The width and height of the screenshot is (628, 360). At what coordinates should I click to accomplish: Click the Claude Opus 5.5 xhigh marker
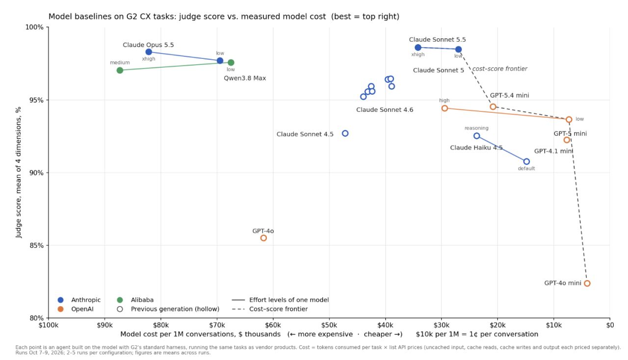pyautogui.click(x=149, y=52)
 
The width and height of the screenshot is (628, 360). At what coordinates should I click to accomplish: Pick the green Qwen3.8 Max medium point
pyautogui.click(x=120, y=70)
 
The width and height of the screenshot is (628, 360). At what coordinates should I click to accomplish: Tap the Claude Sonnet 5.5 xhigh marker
pyautogui.click(x=418, y=48)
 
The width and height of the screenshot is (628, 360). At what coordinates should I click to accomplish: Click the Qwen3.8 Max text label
pyautogui.click(x=245, y=78)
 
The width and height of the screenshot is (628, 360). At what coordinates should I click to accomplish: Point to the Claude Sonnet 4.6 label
pyautogui.click(x=385, y=110)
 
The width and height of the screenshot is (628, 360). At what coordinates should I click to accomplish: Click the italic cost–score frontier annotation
pyautogui.click(x=499, y=69)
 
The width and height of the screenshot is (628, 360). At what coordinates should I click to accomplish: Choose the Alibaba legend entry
pyautogui.click(x=135, y=300)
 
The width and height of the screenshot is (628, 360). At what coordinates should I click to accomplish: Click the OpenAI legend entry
pyautogui.click(x=76, y=309)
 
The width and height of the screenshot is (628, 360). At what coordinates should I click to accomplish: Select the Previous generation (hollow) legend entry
pyautogui.click(x=168, y=309)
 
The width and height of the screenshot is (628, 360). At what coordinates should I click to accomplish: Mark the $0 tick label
pyautogui.click(x=610, y=325)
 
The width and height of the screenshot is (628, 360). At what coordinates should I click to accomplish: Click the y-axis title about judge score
pyautogui.click(x=19, y=173)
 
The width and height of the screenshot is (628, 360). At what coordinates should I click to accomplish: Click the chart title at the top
pyautogui.click(x=224, y=17)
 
